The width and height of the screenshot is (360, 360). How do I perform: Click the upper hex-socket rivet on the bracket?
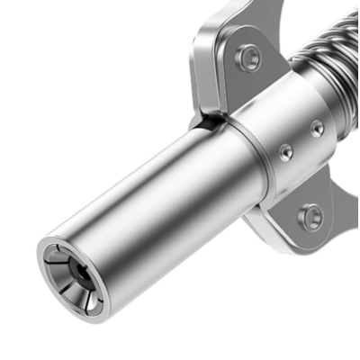(x=247, y=58)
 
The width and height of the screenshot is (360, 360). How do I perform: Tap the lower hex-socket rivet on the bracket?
(x=310, y=216)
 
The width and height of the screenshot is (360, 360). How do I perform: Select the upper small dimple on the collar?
(x=317, y=129)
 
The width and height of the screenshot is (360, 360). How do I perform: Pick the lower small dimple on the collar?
(x=285, y=153)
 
